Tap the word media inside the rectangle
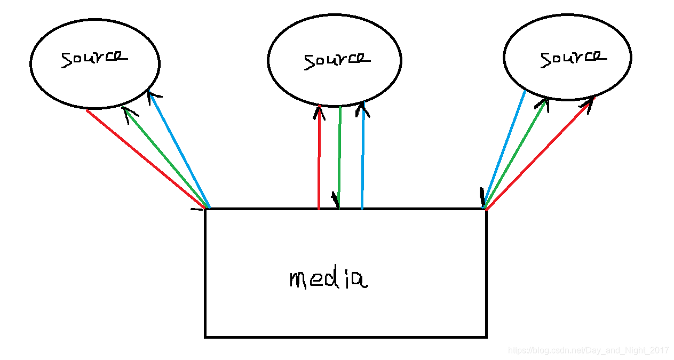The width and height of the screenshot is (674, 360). click(x=329, y=279)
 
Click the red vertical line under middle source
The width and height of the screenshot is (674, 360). click(x=319, y=160)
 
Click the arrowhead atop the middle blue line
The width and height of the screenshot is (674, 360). click(x=363, y=109)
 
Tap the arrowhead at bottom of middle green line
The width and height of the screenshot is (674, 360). click(x=336, y=200)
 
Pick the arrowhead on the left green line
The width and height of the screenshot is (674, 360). click(x=128, y=113)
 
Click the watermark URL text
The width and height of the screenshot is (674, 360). click(x=588, y=350)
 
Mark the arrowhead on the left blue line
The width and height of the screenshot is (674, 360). click(x=154, y=96)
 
